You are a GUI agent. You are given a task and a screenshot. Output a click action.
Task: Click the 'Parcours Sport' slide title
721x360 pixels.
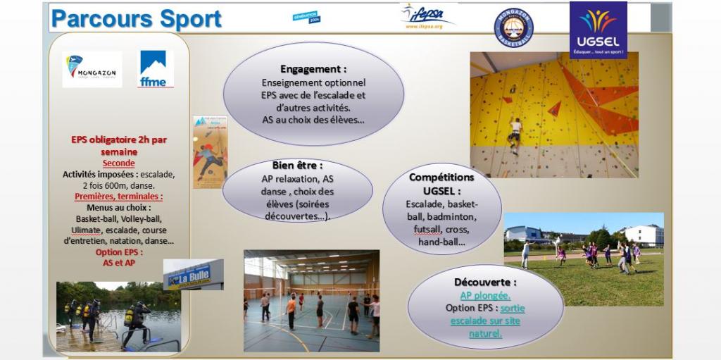pyautogui.click(x=137, y=19)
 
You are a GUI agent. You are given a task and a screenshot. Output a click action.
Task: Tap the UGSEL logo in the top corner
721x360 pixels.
pyautogui.click(x=598, y=30)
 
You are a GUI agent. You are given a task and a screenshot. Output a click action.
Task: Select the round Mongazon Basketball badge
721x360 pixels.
pyautogui.click(x=513, y=28)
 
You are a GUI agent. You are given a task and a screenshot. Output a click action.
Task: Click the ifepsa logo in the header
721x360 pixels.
pyautogui.click(x=427, y=16)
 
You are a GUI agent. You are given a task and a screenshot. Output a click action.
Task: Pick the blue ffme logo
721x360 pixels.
pyautogui.click(x=155, y=69)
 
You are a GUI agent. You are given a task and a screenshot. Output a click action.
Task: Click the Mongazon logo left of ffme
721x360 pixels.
pyautogui.click(x=92, y=69)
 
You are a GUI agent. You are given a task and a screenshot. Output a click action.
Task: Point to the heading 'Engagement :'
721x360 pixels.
pyautogui.click(x=313, y=70)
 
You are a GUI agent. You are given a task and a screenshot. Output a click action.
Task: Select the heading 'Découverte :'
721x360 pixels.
pyautogui.click(x=485, y=282)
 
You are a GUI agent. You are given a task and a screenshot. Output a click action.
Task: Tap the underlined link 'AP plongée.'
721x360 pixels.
pyautogui.click(x=485, y=295)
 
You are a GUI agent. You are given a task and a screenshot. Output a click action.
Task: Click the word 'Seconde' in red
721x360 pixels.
pyautogui.click(x=118, y=163)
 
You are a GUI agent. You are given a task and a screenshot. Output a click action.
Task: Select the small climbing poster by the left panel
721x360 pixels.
pyautogui.click(x=210, y=151)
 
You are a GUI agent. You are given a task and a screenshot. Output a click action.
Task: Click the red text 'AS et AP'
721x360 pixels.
pyautogui.click(x=118, y=263)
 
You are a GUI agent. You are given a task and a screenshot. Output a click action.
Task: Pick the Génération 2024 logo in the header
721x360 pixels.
pyautogui.click(x=306, y=17)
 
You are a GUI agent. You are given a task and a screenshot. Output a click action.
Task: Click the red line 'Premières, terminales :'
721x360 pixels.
pyautogui.click(x=118, y=197)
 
